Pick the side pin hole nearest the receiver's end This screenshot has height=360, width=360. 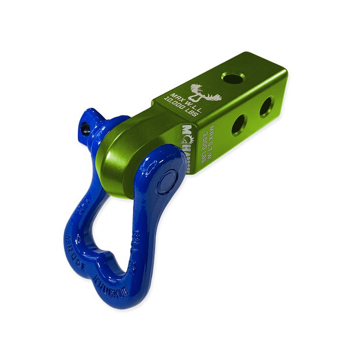click(266, 106)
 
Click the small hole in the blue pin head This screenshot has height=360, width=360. click(87, 124)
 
